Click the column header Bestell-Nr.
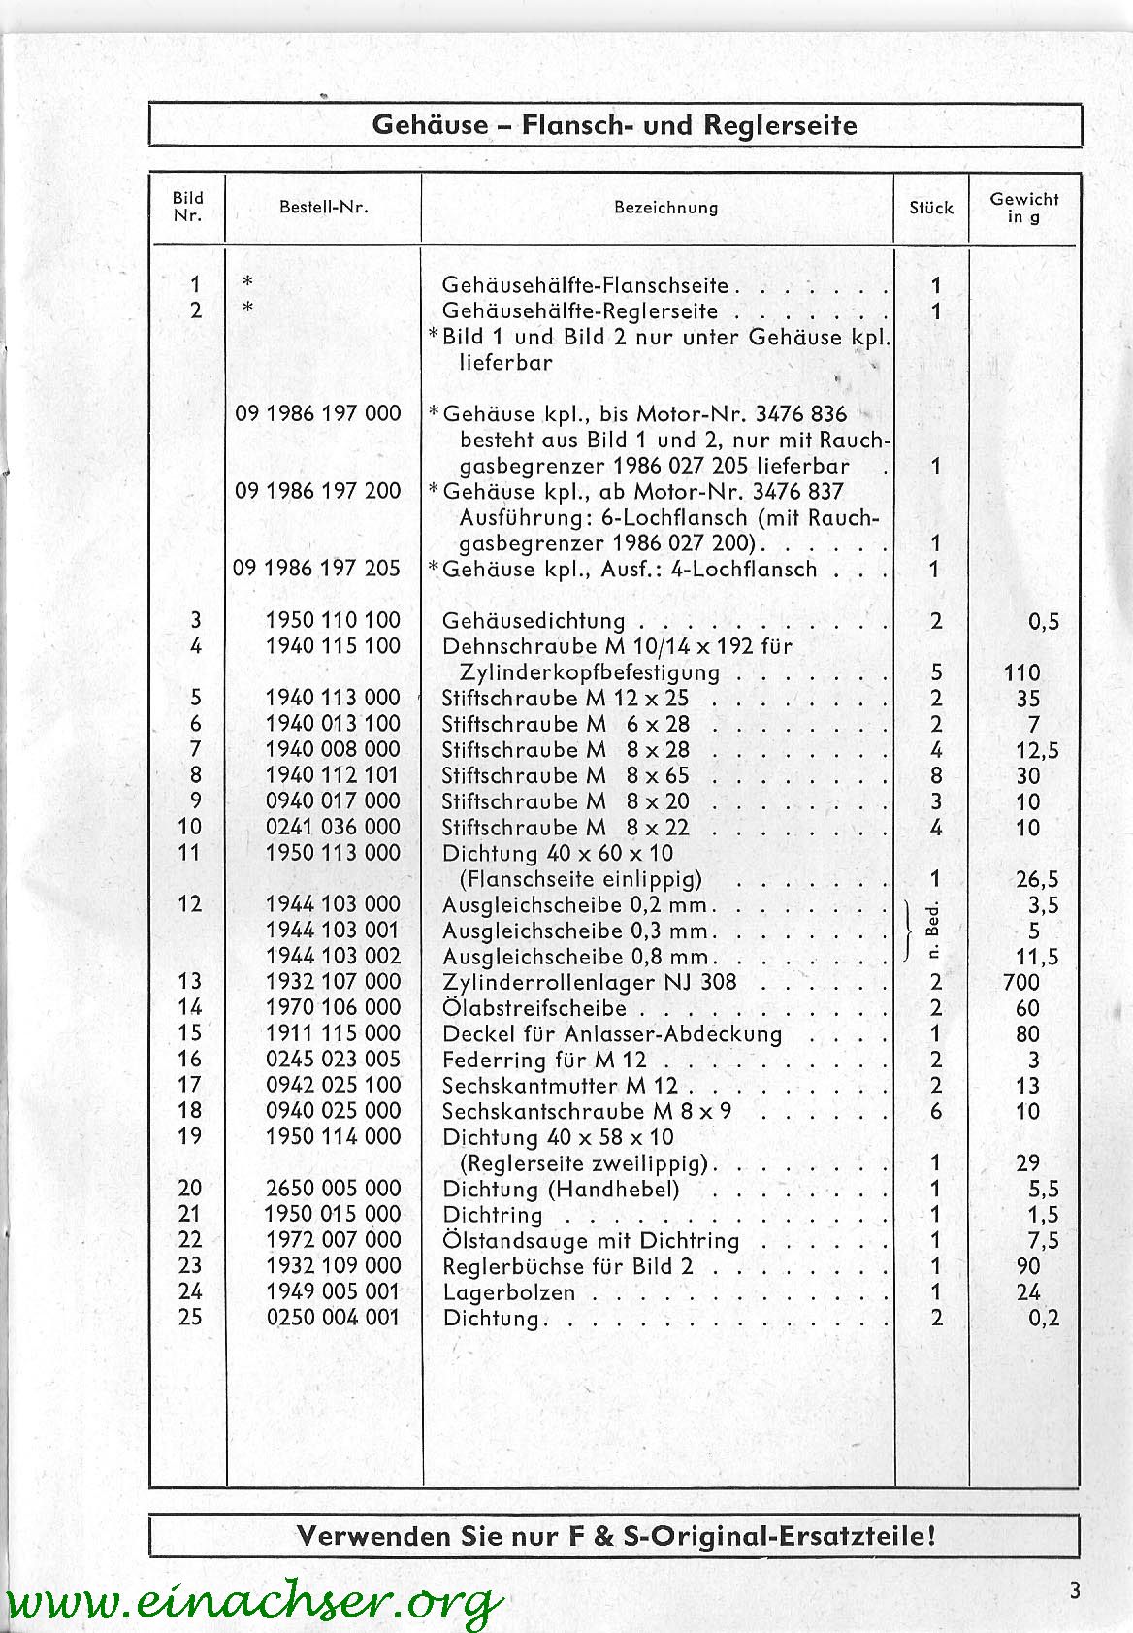click(323, 207)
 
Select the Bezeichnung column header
click(665, 207)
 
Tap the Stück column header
click(931, 208)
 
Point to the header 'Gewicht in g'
click(1023, 208)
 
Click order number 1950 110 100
click(333, 620)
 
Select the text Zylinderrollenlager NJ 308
click(589, 982)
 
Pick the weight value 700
click(1021, 983)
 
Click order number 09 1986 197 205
click(316, 569)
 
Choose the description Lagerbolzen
click(508, 1292)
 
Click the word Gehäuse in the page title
click(430, 126)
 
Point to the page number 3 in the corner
click(1075, 1591)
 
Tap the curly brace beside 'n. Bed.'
click(909, 931)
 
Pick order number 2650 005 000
click(333, 1189)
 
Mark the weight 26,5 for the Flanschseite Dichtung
click(1037, 880)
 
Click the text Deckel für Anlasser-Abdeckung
click(612, 1034)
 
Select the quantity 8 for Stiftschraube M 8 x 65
click(936, 775)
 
